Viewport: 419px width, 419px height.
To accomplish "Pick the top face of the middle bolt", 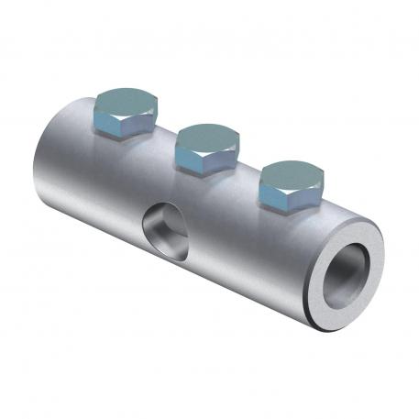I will pyautogui.click(x=207, y=135).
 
